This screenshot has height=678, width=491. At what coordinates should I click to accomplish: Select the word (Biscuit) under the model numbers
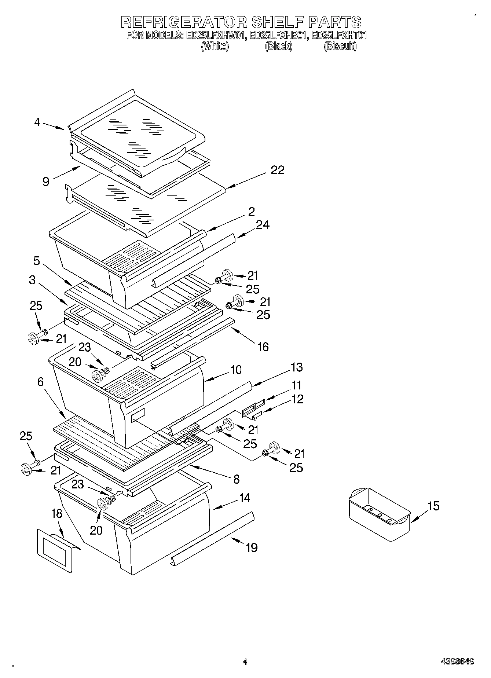[x=340, y=47]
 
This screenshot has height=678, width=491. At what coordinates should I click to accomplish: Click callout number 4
[x=37, y=122]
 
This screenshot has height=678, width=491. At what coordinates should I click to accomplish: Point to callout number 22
[x=278, y=170]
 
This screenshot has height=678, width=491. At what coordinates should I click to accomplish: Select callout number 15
[x=433, y=506]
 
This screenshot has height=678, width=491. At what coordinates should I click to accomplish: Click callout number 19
[x=252, y=547]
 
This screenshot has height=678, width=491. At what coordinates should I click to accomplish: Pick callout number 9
[x=46, y=181]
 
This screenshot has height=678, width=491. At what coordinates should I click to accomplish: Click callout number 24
[x=263, y=224]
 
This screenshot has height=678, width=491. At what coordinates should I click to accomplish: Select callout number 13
[x=297, y=367]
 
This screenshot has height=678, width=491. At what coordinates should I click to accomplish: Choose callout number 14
[x=245, y=498]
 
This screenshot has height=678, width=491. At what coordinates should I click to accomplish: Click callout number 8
[x=236, y=479]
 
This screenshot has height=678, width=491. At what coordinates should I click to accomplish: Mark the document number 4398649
[x=457, y=661]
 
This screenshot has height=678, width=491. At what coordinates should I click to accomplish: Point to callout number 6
[x=40, y=382]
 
